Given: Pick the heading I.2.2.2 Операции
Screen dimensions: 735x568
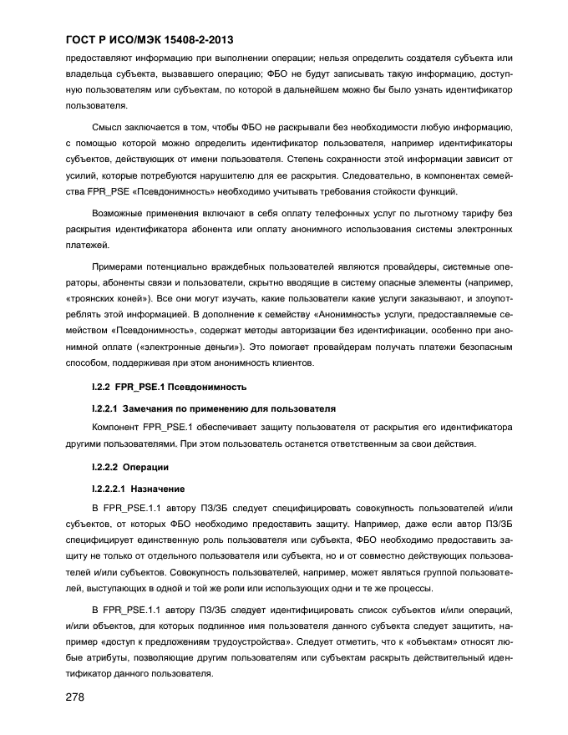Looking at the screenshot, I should point(129,466).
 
